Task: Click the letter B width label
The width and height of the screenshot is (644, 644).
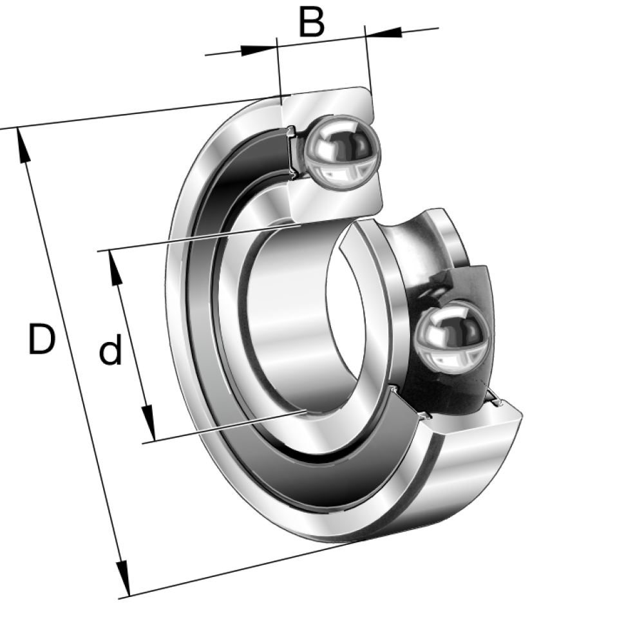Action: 312,21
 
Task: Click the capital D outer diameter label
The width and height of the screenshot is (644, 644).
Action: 41,339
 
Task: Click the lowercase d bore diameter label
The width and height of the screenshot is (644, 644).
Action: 111,349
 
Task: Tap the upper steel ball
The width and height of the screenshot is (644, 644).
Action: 342,153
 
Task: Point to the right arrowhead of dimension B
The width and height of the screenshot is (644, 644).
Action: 383,32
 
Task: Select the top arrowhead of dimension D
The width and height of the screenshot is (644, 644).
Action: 23,146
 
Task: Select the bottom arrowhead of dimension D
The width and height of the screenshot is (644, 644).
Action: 123,579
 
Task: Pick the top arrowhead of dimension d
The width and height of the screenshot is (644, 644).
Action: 115,268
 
